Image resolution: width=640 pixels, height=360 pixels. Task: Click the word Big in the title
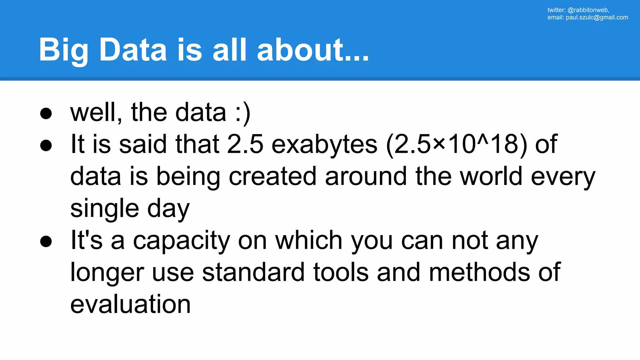coord(63,50)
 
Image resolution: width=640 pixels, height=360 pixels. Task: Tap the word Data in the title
coord(133,50)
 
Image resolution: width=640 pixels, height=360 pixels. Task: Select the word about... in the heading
coord(313,50)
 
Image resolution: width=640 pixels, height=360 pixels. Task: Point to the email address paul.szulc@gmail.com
coord(597,17)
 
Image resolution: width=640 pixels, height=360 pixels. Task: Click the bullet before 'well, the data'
coord(46,113)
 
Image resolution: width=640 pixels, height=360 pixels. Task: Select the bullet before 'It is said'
coord(46,145)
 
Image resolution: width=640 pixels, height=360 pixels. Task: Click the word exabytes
coord(324,145)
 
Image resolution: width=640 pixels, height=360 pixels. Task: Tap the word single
coord(105,209)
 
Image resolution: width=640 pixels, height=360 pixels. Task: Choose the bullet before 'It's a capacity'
coord(46,241)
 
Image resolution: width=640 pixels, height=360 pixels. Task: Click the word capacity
coord(182,241)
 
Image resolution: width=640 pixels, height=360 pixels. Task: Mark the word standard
coord(253,272)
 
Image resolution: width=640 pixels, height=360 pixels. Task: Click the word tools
coord(341,272)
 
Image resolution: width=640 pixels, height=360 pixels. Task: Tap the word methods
coord(479,272)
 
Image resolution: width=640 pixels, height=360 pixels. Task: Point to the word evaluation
coord(131,304)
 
